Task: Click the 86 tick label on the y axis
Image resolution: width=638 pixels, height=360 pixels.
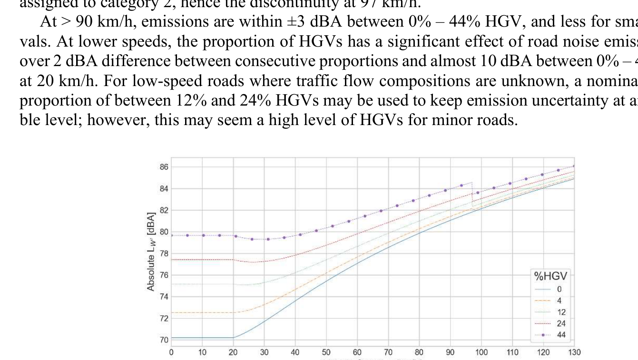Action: coord(163,167)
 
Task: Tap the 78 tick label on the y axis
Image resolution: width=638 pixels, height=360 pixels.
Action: coord(163,253)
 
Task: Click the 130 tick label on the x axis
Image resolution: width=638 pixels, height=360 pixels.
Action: coord(574,352)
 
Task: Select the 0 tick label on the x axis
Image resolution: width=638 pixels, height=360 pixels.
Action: coord(171,352)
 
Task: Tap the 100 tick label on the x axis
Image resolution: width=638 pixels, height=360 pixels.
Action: coord(481,352)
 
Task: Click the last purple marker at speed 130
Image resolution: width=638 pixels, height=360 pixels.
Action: coord(574,166)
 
